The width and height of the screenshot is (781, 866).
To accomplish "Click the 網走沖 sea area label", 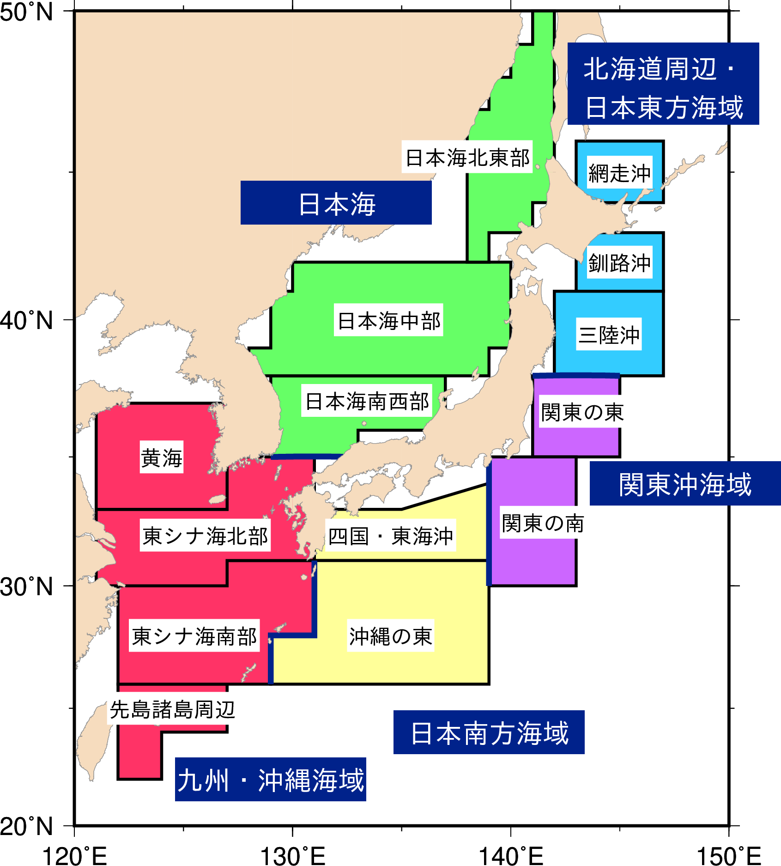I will [619, 173].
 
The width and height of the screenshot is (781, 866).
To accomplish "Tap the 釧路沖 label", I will [619, 262].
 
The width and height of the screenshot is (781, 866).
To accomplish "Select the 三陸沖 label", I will [609, 334].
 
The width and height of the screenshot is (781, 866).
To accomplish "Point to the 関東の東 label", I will [582, 412].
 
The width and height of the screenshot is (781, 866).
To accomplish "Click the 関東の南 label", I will [543, 523].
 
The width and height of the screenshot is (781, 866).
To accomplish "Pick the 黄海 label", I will [162, 457].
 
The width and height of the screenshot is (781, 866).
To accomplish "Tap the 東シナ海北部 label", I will [205, 536].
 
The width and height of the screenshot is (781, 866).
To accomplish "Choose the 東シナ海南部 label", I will [194, 636].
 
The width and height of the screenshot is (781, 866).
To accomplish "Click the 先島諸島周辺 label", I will [172, 709].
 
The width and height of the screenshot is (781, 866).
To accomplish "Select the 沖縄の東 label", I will [391, 636].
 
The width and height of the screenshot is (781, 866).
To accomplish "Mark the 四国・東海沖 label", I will [391, 536].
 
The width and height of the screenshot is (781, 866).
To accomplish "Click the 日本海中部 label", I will [389, 320].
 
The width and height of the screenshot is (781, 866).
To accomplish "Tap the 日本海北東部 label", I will [467, 157].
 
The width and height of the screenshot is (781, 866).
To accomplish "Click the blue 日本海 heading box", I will [336, 203].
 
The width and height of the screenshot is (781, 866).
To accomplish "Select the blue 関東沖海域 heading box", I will [685, 483].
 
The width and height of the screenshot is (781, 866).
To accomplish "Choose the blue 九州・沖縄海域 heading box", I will [271, 780].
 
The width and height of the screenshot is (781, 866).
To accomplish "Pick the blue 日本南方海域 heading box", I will [489, 732].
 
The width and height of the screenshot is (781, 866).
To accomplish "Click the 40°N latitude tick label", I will [27, 320].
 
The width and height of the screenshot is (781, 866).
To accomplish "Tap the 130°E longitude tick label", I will [293, 855].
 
